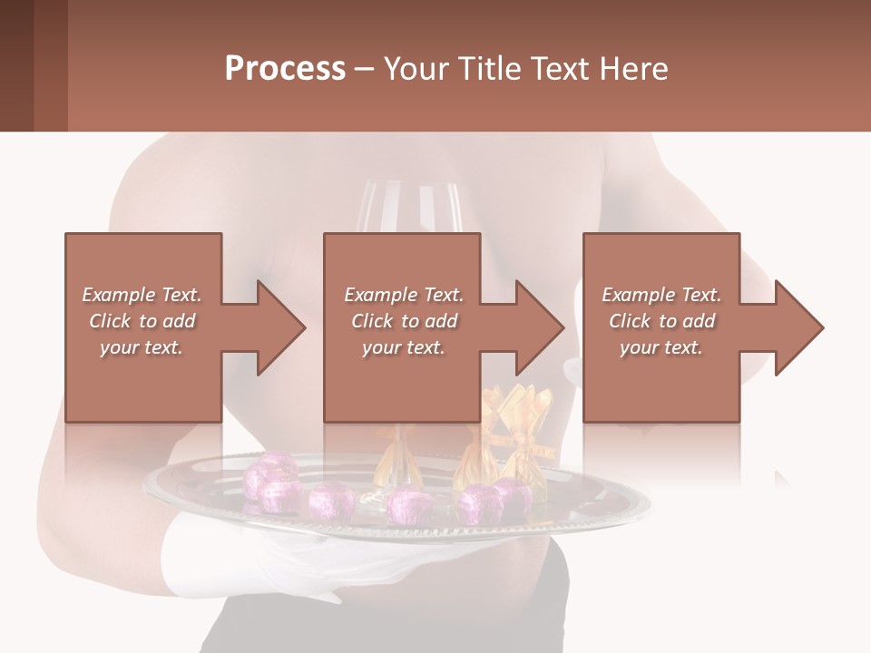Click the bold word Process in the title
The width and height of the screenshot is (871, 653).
click(285, 69)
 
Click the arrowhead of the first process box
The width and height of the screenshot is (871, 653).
click(279, 327)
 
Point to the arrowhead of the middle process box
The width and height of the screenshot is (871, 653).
click(538, 327)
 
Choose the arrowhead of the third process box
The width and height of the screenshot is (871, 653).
click(797, 327)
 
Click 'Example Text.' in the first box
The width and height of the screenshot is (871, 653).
click(142, 295)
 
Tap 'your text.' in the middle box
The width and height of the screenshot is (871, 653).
click(403, 347)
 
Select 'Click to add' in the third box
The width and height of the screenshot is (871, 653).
click(661, 321)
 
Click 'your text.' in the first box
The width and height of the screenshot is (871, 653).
click(142, 347)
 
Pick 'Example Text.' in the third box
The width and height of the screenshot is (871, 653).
click(661, 295)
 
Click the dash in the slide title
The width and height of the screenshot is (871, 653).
click(364, 69)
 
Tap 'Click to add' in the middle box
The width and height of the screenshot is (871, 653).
click(403, 321)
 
